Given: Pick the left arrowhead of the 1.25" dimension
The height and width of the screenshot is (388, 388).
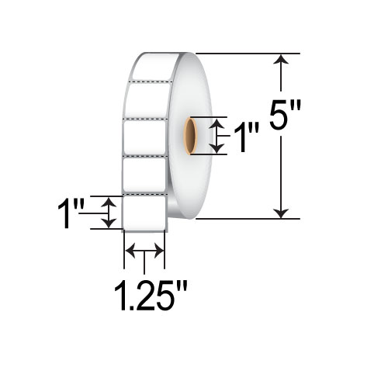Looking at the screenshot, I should (130, 250).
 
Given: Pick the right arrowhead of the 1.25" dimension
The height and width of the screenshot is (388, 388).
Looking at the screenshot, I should (159, 250).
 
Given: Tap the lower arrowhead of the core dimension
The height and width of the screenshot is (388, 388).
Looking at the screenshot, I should (220, 148).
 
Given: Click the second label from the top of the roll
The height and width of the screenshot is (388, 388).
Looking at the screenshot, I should (144, 100).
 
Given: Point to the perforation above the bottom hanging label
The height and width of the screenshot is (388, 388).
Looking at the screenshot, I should (144, 193).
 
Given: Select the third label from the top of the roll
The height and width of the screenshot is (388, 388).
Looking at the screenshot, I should (144, 138).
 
